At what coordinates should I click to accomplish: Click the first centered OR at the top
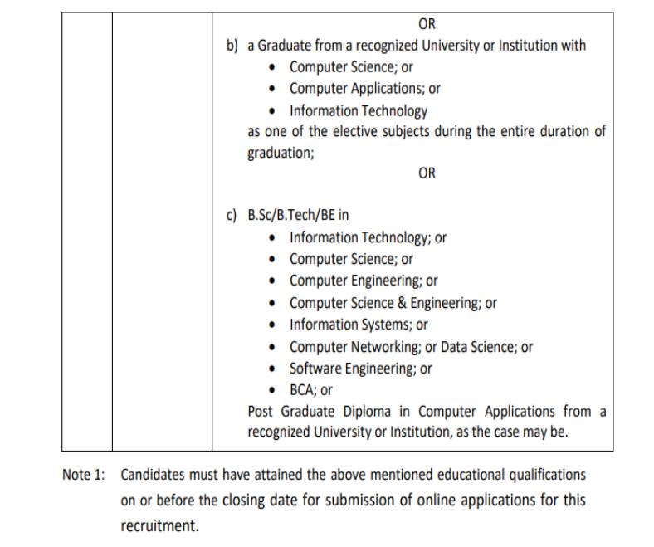[x=427, y=24]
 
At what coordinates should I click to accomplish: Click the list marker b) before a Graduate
[x=233, y=46]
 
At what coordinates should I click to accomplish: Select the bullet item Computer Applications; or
[x=364, y=89]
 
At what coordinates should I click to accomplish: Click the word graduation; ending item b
[x=281, y=154]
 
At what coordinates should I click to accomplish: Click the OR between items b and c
[x=427, y=173]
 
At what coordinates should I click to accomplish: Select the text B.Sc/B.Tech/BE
[x=298, y=216]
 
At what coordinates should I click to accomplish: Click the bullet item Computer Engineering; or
[x=364, y=281]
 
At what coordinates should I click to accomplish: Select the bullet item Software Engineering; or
[x=360, y=369]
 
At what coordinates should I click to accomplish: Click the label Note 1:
[x=85, y=476]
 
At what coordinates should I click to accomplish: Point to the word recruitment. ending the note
[x=160, y=526]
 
